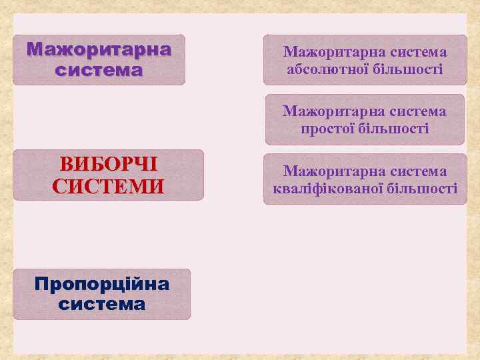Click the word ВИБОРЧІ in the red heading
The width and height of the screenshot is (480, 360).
(108, 165)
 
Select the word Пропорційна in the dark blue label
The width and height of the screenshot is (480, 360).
(102, 285)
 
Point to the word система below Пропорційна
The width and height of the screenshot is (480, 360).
(102, 304)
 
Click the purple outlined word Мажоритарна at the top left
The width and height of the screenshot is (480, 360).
(99, 50)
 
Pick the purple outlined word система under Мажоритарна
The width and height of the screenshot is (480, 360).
(99, 69)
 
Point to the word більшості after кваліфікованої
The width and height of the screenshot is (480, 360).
(420, 189)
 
